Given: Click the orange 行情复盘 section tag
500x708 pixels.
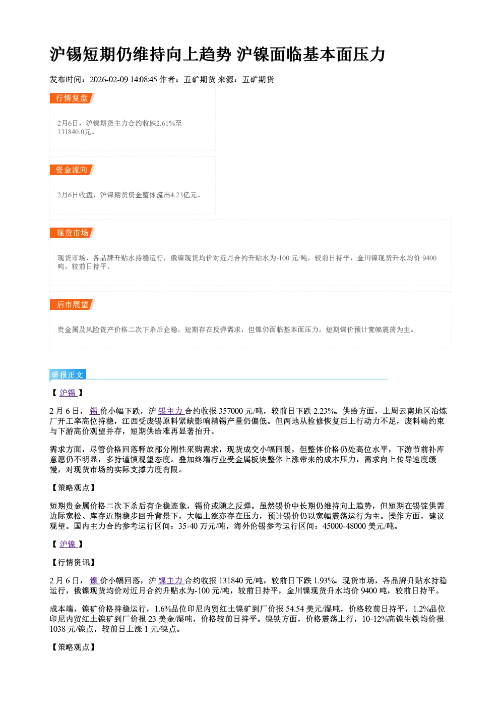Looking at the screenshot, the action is pos(72,98).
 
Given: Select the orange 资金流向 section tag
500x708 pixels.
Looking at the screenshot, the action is pos(72,170).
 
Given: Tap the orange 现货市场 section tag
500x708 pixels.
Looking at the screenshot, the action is pos(72,233).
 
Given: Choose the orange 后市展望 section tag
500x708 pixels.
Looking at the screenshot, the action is pos(72,304).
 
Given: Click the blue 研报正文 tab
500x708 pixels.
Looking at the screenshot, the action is pos(68,374).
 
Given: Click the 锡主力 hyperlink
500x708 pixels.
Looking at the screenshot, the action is pos(171,411).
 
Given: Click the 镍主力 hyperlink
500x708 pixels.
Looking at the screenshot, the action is pos(171,580).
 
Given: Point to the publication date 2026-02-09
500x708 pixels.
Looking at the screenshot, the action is pos(109,79).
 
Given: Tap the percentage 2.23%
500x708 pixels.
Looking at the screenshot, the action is pos(324,411).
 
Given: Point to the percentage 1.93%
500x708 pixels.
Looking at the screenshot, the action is pos(324,580).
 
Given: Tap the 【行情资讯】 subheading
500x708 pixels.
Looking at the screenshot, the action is pos(73,562).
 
